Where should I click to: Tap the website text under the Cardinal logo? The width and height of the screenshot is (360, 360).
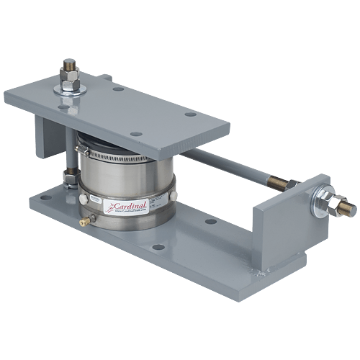pyautogui.click(x=128, y=214)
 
